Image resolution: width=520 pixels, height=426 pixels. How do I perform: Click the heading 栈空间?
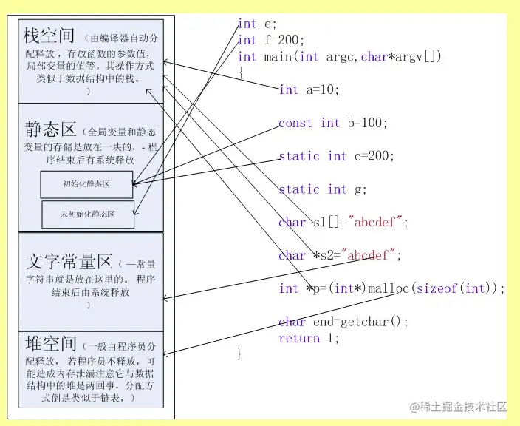[49, 35]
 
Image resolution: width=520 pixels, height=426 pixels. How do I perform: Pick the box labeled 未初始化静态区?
[88, 214]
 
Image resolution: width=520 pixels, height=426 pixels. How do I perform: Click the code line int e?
[257, 24]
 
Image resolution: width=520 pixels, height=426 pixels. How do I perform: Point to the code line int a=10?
[309, 89]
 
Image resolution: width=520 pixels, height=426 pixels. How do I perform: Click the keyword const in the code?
[295, 123]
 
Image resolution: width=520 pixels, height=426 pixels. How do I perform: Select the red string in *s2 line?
[372, 255]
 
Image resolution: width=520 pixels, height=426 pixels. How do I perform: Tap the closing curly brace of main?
[240, 354]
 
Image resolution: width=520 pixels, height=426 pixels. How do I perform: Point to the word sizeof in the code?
[437, 288]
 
